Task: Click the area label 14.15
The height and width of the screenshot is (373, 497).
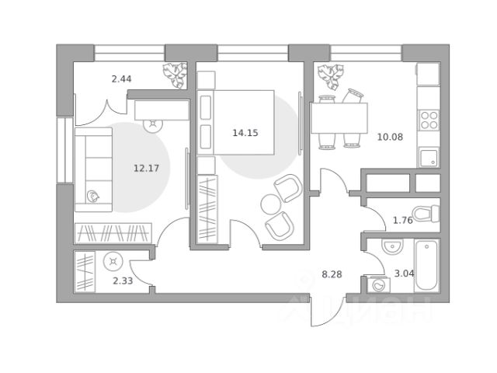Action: click(x=245, y=133)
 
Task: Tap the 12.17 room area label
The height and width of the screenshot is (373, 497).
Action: click(x=146, y=168)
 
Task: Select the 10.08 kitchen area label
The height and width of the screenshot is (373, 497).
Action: click(x=390, y=137)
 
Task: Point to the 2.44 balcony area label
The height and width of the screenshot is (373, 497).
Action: click(x=121, y=78)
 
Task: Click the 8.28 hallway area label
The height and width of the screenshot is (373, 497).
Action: click(x=332, y=274)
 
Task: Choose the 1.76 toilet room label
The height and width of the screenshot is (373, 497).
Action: click(x=403, y=220)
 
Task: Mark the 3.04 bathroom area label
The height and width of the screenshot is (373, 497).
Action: click(x=404, y=274)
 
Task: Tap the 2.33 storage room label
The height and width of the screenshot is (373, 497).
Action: click(x=123, y=281)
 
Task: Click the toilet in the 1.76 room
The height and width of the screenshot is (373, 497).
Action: click(x=426, y=214)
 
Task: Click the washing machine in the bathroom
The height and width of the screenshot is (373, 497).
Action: click(x=378, y=284)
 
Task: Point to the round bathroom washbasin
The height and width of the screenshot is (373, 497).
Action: click(x=392, y=246)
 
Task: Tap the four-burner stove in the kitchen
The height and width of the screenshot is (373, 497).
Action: click(x=429, y=120)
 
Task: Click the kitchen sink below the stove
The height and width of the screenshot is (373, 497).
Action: click(x=429, y=158)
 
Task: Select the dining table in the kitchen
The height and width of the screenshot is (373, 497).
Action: click(x=339, y=118)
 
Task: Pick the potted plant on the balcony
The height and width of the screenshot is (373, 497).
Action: click(x=174, y=75)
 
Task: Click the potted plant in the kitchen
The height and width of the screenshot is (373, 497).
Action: click(x=331, y=77)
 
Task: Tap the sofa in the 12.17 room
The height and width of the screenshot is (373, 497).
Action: click(x=93, y=169)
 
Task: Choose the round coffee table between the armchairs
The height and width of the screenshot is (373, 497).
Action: click(x=271, y=204)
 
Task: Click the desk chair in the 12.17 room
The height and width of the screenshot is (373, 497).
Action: click(x=154, y=125)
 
